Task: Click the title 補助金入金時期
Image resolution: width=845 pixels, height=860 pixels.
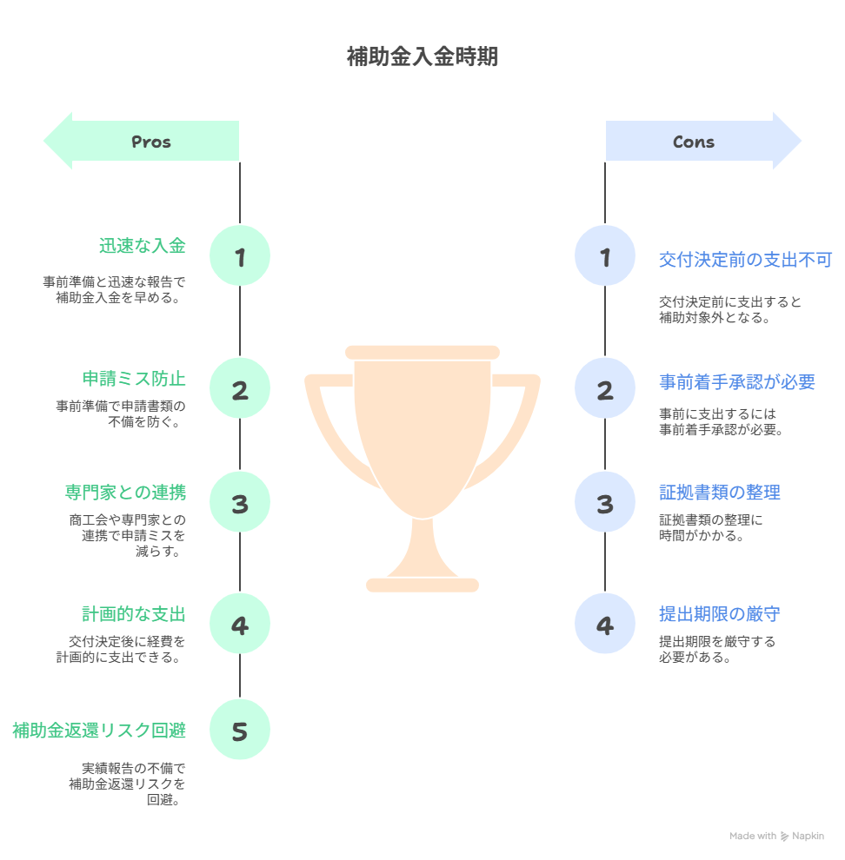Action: click(x=422, y=57)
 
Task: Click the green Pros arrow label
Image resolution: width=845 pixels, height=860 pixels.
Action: click(x=150, y=142)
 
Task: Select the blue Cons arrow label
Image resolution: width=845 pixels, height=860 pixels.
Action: click(x=694, y=142)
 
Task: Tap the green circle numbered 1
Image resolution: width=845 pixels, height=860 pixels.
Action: click(x=240, y=256)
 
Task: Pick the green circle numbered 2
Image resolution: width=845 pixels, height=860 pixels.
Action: click(x=240, y=390)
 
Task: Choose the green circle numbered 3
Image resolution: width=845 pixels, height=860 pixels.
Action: click(x=240, y=504)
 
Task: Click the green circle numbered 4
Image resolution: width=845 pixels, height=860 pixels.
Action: click(x=240, y=625)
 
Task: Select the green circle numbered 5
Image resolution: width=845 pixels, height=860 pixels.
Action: click(x=240, y=731)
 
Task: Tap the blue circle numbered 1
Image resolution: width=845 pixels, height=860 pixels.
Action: click(x=605, y=256)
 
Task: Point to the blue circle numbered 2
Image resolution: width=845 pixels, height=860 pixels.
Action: click(x=605, y=390)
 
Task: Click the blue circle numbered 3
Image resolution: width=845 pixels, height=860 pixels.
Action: click(x=605, y=504)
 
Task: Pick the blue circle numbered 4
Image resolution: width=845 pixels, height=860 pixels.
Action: click(x=605, y=625)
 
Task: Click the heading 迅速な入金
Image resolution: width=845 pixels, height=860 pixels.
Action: click(x=143, y=246)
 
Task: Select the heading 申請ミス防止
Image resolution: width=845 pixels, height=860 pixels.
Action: click(x=134, y=380)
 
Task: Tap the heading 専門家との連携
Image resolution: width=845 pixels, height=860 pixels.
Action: click(x=125, y=493)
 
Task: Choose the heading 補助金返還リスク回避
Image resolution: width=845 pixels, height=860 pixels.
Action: click(x=99, y=731)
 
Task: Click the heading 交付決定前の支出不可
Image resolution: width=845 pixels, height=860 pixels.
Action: click(x=745, y=259)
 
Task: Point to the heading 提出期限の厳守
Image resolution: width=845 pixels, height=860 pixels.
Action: click(x=719, y=615)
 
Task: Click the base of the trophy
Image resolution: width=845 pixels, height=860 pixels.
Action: click(x=422, y=584)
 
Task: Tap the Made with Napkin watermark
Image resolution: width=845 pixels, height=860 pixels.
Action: click(x=776, y=836)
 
